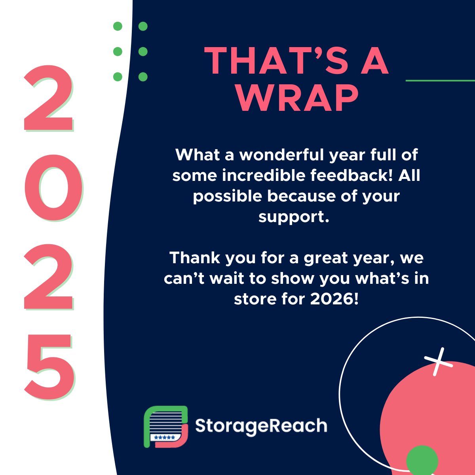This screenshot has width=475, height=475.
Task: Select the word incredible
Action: pyautogui.click(x=263, y=175)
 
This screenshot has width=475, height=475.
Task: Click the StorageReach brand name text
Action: pyautogui.click(x=261, y=426)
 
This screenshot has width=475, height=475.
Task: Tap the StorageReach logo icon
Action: pyautogui.click(x=165, y=427)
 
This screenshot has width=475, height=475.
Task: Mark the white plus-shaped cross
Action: pyautogui.click(x=438, y=362)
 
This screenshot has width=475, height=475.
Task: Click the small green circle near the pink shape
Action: pyautogui.click(x=422, y=460)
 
